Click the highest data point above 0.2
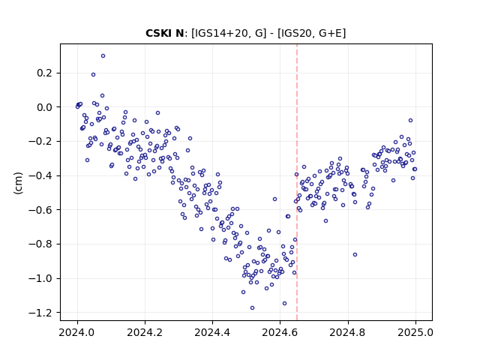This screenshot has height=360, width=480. click(x=103, y=56)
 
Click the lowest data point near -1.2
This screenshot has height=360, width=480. click(x=252, y=308)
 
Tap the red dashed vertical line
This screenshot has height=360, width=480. click(x=297, y=182)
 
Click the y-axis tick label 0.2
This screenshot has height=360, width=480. click(x=45, y=73)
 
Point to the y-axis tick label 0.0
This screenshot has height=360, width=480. click(x=45, y=107)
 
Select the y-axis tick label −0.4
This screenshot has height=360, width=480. click(x=41, y=175)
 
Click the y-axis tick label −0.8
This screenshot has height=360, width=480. click(x=41, y=244)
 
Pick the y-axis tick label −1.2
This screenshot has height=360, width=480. click(x=41, y=313)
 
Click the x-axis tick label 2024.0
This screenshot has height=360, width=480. click(x=77, y=332)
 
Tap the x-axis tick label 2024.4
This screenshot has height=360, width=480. click(x=212, y=332)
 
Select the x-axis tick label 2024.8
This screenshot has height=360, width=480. click(x=347, y=332)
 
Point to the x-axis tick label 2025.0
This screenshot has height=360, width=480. click(x=415, y=332)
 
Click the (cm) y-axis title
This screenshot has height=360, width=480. click(x=18, y=182)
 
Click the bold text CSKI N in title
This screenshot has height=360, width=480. click(x=164, y=33)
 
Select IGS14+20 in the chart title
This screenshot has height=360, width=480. click(x=220, y=33)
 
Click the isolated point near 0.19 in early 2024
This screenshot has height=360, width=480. click(x=93, y=75)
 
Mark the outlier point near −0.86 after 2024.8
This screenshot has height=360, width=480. click(x=355, y=255)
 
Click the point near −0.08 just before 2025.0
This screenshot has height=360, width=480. click(x=410, y=121)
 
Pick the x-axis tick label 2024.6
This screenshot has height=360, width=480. click(x=280, y=332)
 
